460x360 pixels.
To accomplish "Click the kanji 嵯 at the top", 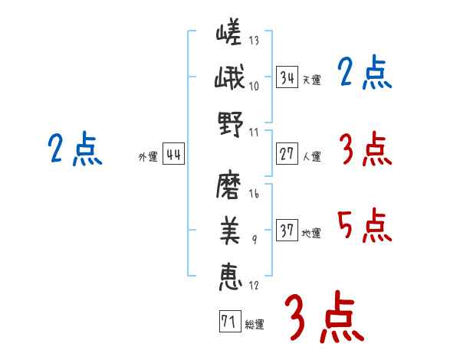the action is point(228,31).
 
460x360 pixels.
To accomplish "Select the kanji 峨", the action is point(229,77).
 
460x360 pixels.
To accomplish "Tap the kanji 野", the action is point(231,124).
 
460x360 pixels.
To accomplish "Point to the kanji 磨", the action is point(228,185).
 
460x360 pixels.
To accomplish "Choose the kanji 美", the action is point(230,231).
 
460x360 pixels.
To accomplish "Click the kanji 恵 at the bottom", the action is point(231,277).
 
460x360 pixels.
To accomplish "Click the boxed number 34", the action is point(287,77).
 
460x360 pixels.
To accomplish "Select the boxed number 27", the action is point(287,154).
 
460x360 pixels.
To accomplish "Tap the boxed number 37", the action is point(287,230).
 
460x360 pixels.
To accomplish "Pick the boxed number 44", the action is point(173,154).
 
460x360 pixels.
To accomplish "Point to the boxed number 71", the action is point(230,321).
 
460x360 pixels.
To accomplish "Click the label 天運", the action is point(312,80).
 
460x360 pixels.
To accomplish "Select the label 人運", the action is point(312,156).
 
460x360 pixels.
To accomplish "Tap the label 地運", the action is point(311,233).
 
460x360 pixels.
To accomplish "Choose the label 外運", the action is point(148,156).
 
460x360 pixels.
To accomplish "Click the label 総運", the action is point(255,325).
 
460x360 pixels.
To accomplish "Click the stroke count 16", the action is point(254,193).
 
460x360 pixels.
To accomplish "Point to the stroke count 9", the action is point(255,240).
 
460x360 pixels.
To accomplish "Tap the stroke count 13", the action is point(254,40).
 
